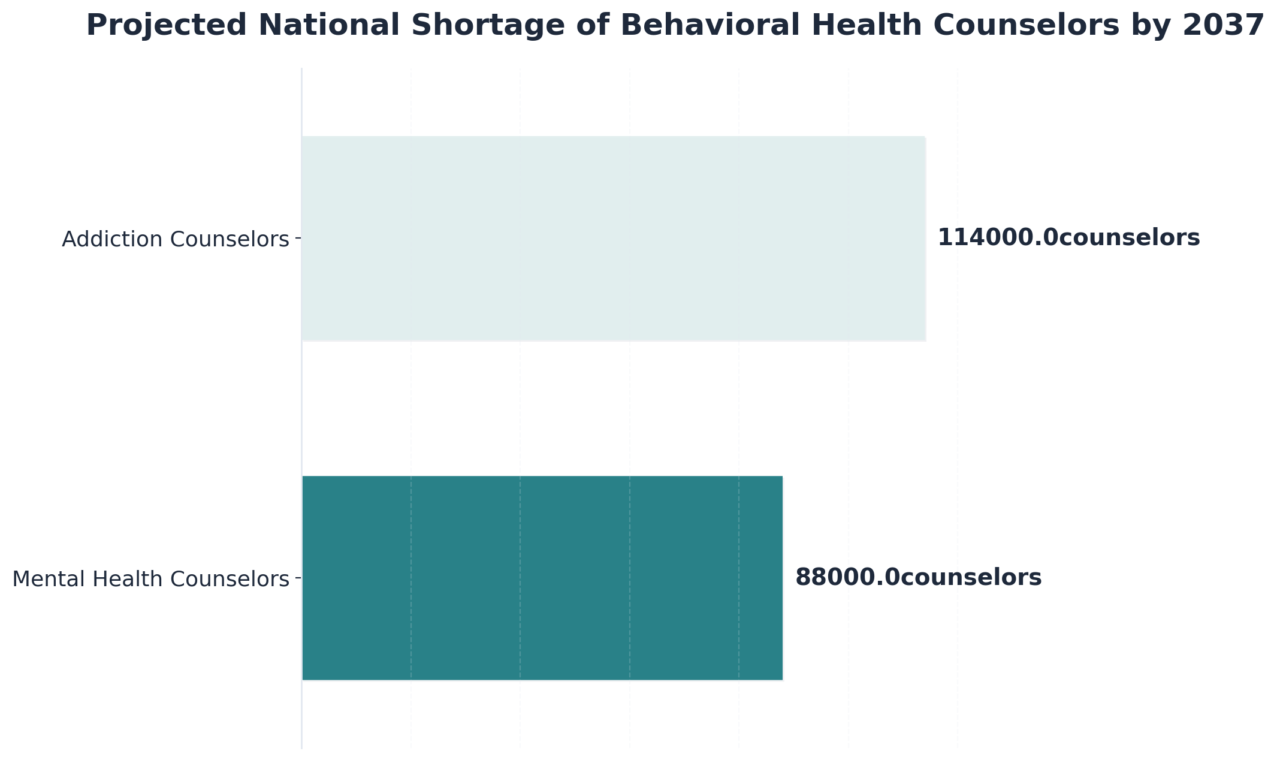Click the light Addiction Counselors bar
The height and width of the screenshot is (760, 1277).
click(614, 239)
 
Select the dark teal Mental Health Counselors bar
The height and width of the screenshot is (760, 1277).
click(542, 578)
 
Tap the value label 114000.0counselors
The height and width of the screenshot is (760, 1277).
click(1068, 238)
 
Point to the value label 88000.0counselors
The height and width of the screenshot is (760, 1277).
click(918, 578)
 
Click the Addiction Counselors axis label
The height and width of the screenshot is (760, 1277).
click(175, 239)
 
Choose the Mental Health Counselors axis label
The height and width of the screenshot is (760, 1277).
click(150, 579)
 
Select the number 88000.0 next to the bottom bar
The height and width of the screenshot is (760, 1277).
click(847, 578)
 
